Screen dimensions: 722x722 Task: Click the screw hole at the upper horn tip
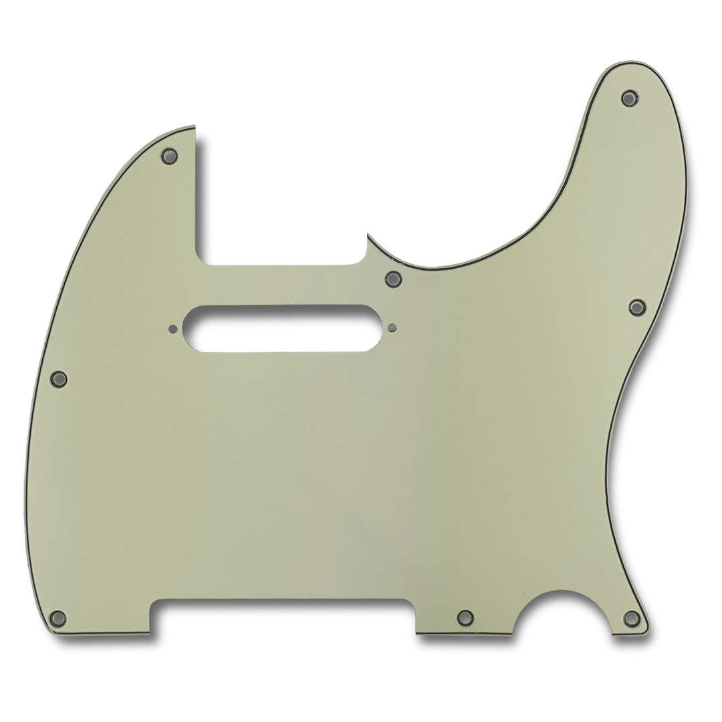click(628, 98)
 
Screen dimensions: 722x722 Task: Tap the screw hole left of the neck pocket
click(168, 156)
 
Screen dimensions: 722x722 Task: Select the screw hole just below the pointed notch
click(393, 278)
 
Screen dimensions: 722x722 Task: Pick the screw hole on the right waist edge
click(637, 307)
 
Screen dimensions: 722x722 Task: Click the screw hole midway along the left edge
click(59, 380)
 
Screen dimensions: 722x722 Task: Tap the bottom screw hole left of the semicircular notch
click(465, 617)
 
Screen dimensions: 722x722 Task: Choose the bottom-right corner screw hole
click(631, 618)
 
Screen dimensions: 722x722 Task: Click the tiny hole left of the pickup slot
click(173, 328)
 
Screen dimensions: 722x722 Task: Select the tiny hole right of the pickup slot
click(392, 328)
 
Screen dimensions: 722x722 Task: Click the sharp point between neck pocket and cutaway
click(368, 235)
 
